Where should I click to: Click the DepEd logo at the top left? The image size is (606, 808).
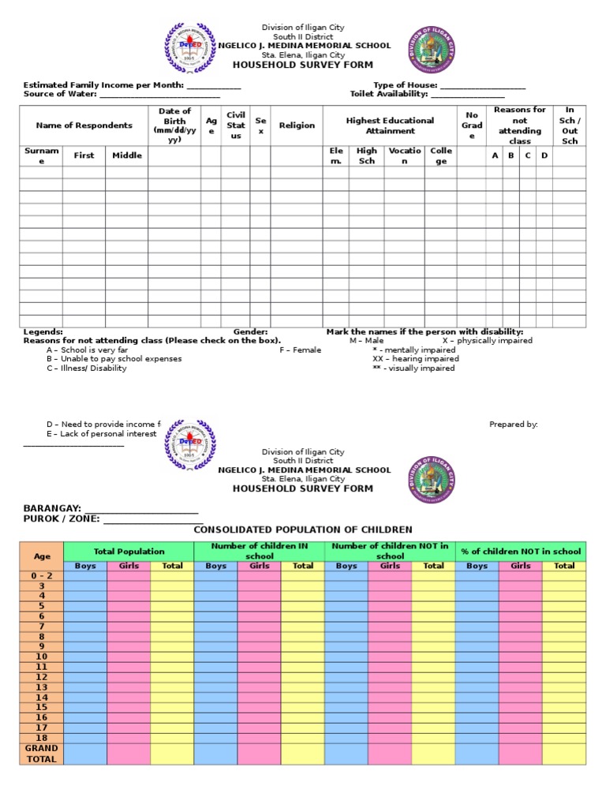tap(190, 49)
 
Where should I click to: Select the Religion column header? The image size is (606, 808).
tap(297, 125)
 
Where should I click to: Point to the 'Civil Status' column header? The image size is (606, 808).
tap(235, 125)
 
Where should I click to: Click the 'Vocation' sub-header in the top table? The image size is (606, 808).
tap(405, 155)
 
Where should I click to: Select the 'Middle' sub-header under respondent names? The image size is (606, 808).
tap(126, 155)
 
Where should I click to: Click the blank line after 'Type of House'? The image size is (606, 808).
tap(482, 85)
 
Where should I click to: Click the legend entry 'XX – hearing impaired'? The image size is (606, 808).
tap(415, 359)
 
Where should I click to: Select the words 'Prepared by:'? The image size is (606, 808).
tap(513, 425)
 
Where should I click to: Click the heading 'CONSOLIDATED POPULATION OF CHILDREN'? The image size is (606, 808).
tap(303, 529)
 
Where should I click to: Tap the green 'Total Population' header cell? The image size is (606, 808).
tap(129, 552)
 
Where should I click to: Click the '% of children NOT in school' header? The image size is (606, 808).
tap(521, 552)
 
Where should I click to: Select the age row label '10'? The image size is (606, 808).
tap(41, 656)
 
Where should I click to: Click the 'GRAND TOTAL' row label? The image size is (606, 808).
tap(41, 754)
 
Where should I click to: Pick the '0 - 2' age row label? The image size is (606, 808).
tap(41, 575)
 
